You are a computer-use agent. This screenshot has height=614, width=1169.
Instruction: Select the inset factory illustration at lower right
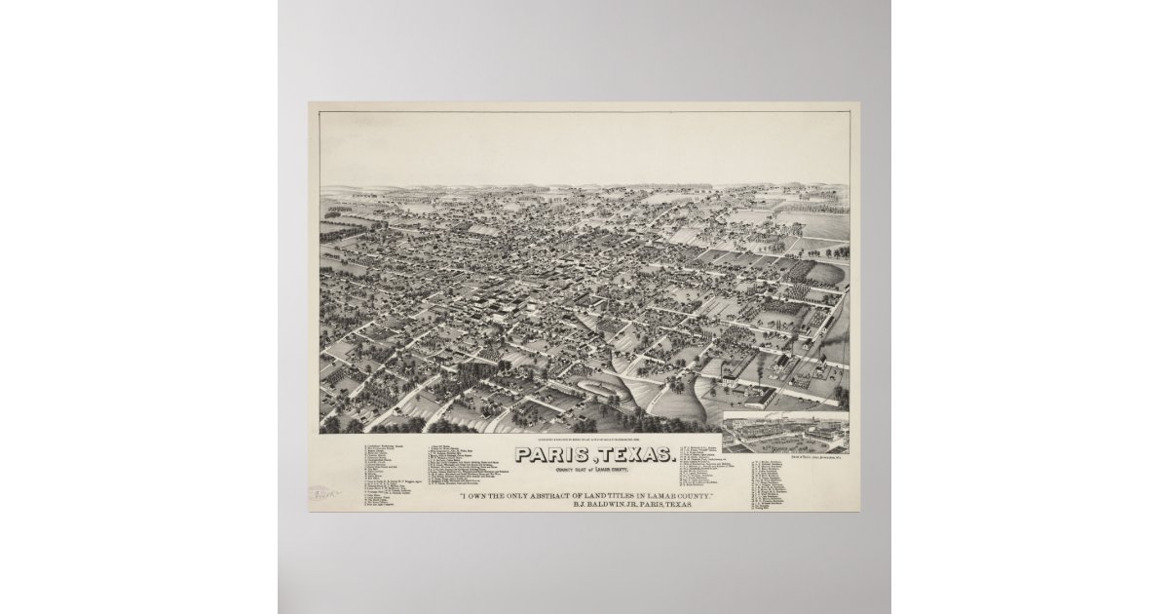[784, 431]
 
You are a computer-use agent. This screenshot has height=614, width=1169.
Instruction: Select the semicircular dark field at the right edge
[825, 274]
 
